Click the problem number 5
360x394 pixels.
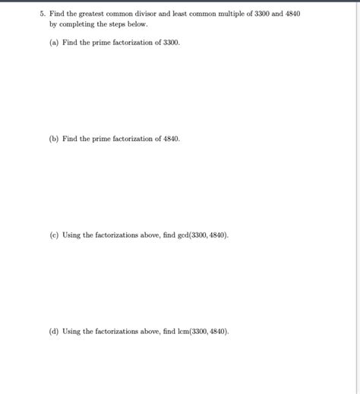[41, 14]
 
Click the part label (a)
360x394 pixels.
[53, 43]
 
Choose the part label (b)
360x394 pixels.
[53, 139]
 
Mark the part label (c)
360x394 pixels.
[53, 235]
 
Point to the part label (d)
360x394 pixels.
[53, 332]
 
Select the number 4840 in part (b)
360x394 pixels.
[172, 139]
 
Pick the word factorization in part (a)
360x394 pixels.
[133, 43]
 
